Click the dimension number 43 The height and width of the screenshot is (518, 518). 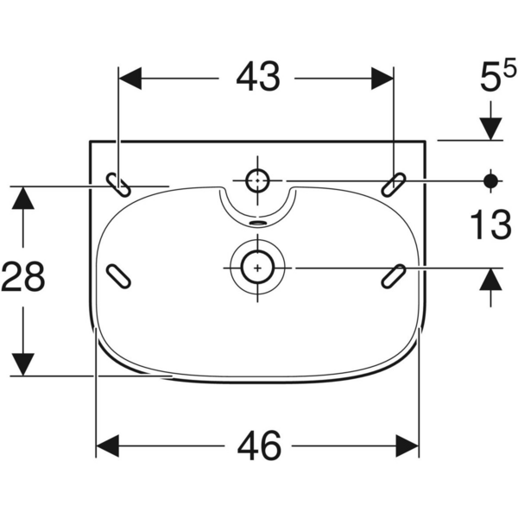point(257,79)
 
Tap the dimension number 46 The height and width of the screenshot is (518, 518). point(258,446)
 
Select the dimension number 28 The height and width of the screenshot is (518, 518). point(23,278)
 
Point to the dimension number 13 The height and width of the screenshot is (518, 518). point(490,227)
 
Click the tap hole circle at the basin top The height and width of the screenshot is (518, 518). point(258,181)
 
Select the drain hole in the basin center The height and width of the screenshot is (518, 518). point(256,268)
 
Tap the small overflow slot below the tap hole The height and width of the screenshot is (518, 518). point(257,221)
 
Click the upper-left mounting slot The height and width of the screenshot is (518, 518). point(119,183)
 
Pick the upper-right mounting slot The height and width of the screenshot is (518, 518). point(395,183)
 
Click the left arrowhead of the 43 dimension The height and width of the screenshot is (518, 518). point(129,79)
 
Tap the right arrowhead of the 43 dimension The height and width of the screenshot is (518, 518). point(383,79)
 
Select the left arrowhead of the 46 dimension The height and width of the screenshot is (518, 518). point(107,446)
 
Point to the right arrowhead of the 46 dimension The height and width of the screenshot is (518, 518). point(407,446)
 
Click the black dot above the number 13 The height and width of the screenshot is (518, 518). point(491,181)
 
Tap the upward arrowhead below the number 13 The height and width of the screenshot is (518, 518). point(491,280)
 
